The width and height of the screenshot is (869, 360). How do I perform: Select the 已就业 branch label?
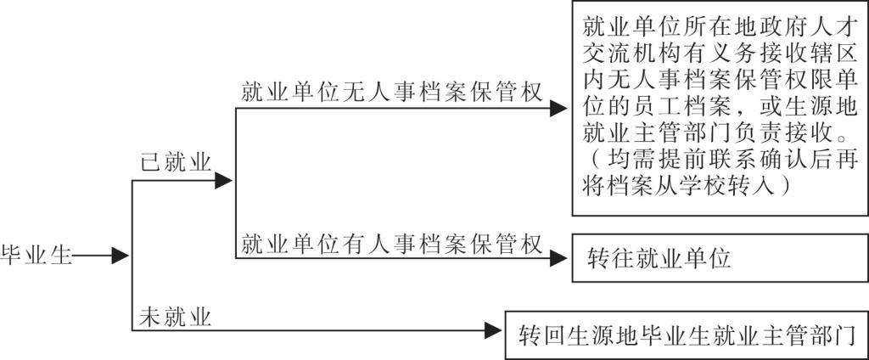[x=175, y=164]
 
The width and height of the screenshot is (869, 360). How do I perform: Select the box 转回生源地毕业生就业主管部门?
[x=686, y=332]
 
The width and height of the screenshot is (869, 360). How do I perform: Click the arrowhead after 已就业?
[x=225, y=180]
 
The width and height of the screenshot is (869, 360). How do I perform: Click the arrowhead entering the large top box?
[x=558, y=109]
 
